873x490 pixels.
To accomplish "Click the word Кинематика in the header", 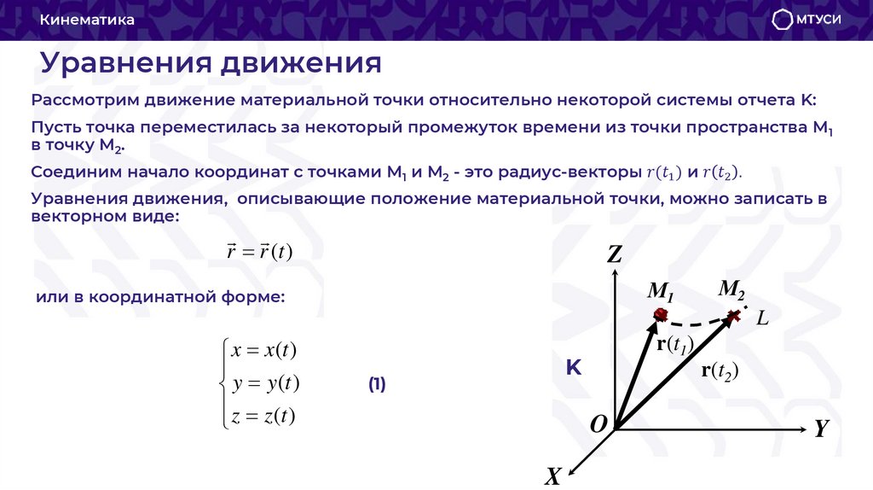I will pyautogui.click(x=87, y=20).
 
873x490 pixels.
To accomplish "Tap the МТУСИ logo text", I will pyautogui.click(x=818, y=20).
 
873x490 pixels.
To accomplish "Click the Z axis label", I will pyautogui.click(x=615, y=254).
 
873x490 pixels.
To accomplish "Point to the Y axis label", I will pyautogui.click(x=821, y=429).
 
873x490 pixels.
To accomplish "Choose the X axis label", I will pyautogui.click(x=553, y=475).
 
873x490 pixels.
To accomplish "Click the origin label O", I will pyautogui.click(x=598, y=424).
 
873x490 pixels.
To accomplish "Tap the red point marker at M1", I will pyautogui.click(x=659, y=315).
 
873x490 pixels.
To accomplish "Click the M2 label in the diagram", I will pyautogui.click(x=731, y=289).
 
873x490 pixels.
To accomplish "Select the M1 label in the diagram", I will pyautogui.click(x=661, y=292).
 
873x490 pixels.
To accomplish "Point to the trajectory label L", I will pyautogui.click(x=763, y=318).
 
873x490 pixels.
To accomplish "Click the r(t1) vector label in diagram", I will pyautogui.click(x=675, y=345).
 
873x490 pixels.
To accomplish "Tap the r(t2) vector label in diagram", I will pyautogui.click(x=720, y=370).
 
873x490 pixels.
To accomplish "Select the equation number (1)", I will pyautogui.click(x=377, y=384).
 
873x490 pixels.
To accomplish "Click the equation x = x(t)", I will pyautogui.click(x=263, y=351).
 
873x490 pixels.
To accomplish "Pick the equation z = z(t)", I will pyautogui.click(x=263, y=416).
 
